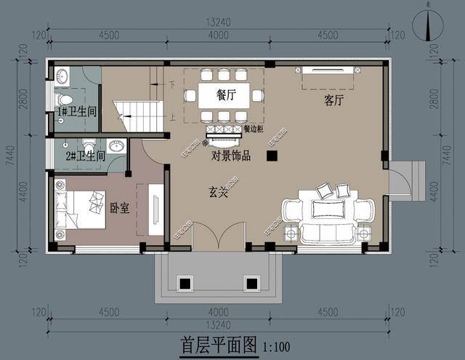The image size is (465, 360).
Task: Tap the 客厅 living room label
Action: [334, 101]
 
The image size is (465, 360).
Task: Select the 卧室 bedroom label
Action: [119, 208]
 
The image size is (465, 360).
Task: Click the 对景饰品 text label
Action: [231, 155]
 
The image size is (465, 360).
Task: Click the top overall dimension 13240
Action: [219, 23]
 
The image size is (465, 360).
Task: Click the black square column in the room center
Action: [272, 155]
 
